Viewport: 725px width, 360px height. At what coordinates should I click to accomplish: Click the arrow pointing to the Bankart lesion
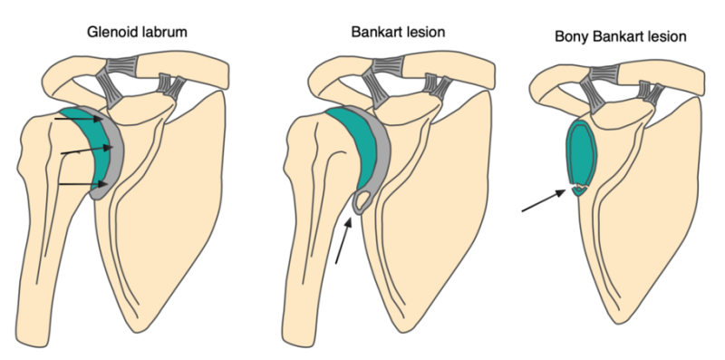(343, 244)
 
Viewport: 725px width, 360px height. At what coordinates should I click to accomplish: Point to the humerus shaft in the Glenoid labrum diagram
(50, 245)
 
